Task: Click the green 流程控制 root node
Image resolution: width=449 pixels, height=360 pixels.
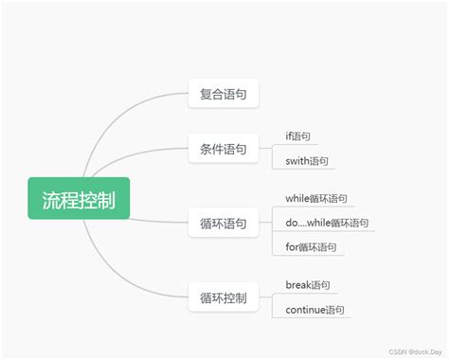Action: click(79, 199)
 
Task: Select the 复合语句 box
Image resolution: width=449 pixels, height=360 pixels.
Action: click(224, 94)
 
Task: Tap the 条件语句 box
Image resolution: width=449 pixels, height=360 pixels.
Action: click(224, 149)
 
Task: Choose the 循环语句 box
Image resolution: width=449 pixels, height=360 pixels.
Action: click(224, 224)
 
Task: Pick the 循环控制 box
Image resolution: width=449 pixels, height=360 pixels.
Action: click(224, 298)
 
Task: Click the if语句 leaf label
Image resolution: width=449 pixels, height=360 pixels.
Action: click(297, 136)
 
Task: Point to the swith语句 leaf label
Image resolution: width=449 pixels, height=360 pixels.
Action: click(307, 161)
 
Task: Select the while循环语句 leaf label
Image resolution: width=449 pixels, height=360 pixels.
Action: click(316, 198)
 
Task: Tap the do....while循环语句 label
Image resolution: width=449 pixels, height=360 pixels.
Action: click(326, 223)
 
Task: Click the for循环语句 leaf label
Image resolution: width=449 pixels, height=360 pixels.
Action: click(309, 247)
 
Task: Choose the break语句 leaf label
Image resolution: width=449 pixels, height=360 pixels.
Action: click(308, 284)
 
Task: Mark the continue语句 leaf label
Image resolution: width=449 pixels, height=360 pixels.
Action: click(314, 310)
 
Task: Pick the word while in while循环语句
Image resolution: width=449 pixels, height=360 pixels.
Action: click(298, 198)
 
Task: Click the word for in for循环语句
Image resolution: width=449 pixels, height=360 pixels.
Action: click(292, 247)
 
